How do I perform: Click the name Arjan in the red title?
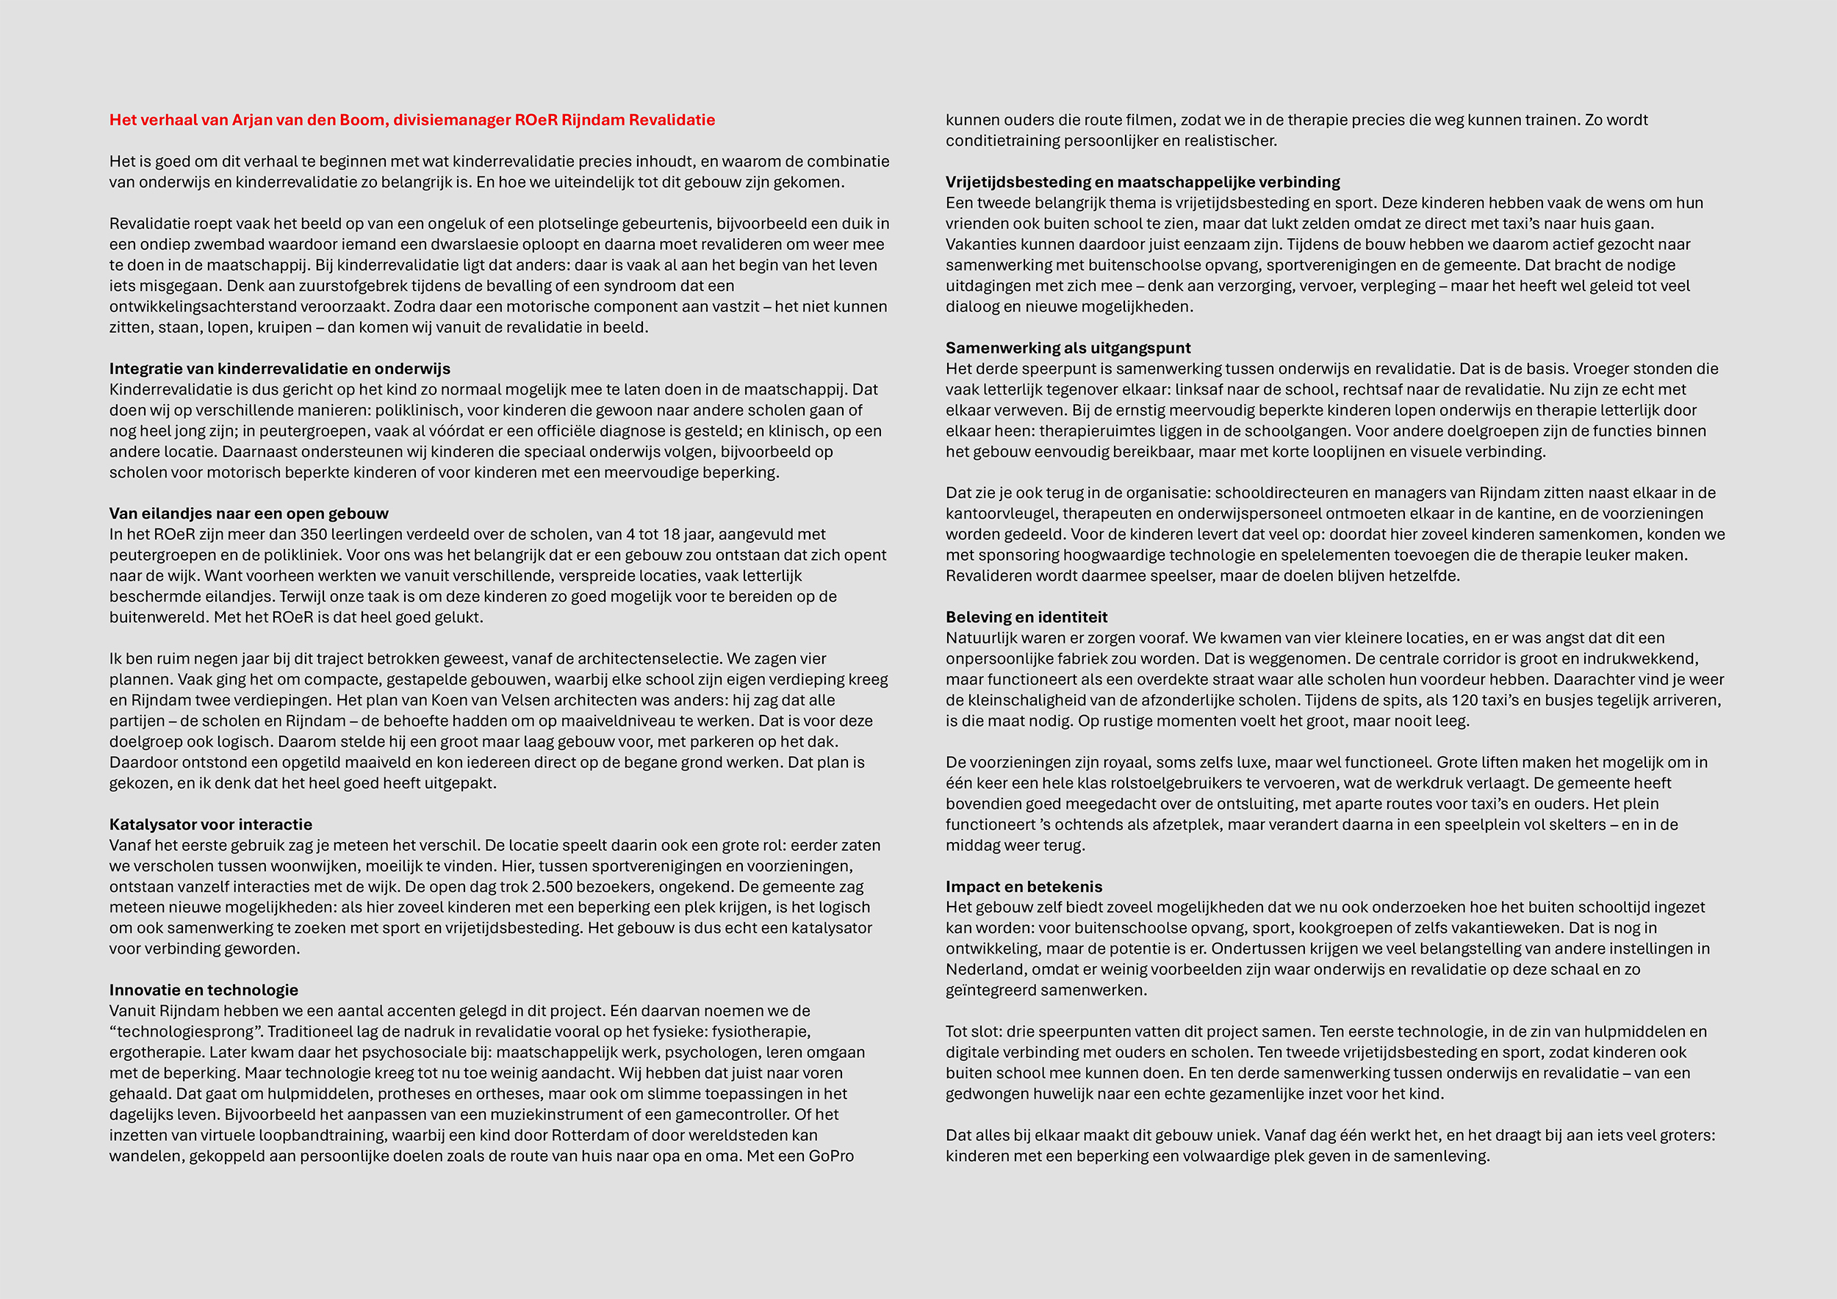point(251,120)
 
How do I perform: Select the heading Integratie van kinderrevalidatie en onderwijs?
point(279,369)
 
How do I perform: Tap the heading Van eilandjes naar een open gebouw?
point(249,514)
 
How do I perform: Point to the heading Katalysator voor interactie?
point(210,824)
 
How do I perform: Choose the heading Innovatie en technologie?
point(204,990)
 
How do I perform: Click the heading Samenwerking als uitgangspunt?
point(1068,348)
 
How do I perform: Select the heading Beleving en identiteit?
point(1026,617)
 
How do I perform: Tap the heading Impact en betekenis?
point(1024,887)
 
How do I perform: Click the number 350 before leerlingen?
point(314,534)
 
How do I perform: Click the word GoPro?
point(830,1156)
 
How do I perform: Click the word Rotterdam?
point(597,1136)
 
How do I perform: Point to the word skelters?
point(1576,824)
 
